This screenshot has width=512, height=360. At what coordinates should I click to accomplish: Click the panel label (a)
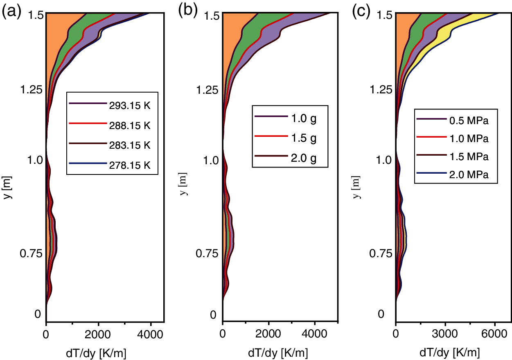coord(11,11)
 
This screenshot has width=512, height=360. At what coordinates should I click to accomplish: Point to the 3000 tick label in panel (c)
coord(445,333)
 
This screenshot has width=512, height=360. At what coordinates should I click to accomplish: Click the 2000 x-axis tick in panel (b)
coord(268,333)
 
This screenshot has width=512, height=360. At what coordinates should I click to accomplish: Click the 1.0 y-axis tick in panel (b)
coord(212,160)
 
